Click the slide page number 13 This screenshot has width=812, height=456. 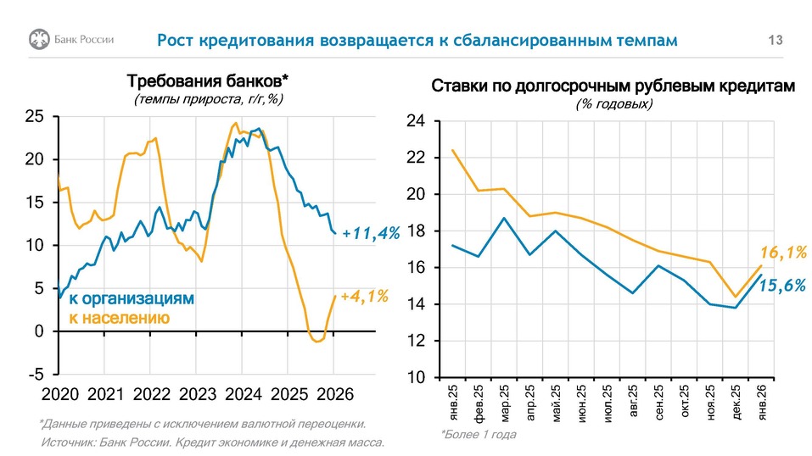(775, 40)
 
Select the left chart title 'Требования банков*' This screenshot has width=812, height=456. (208, 81)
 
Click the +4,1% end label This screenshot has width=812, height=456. (364, 296)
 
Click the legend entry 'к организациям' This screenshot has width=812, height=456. (132, 299)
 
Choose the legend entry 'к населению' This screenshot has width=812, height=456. (119, 318)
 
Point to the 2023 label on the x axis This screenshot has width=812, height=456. (199, 395)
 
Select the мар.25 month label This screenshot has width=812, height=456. (504, 404)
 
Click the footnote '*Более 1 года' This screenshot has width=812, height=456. (478, 434)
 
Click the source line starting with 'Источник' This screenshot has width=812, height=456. (213, 442)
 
